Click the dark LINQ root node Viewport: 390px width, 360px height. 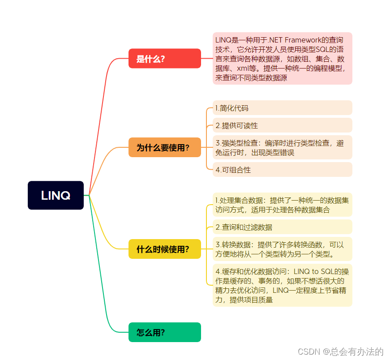click(56, 195)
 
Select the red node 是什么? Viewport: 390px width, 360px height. click(164, 58)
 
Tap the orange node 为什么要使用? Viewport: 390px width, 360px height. click(164, 147)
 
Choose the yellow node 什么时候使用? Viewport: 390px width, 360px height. click(164, 249)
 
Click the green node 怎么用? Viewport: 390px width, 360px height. click(164, 332)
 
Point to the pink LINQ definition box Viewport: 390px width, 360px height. click(282, 58)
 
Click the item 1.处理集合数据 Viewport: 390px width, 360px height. click(282, 204)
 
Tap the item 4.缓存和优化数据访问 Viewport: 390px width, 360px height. click(282, 285)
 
